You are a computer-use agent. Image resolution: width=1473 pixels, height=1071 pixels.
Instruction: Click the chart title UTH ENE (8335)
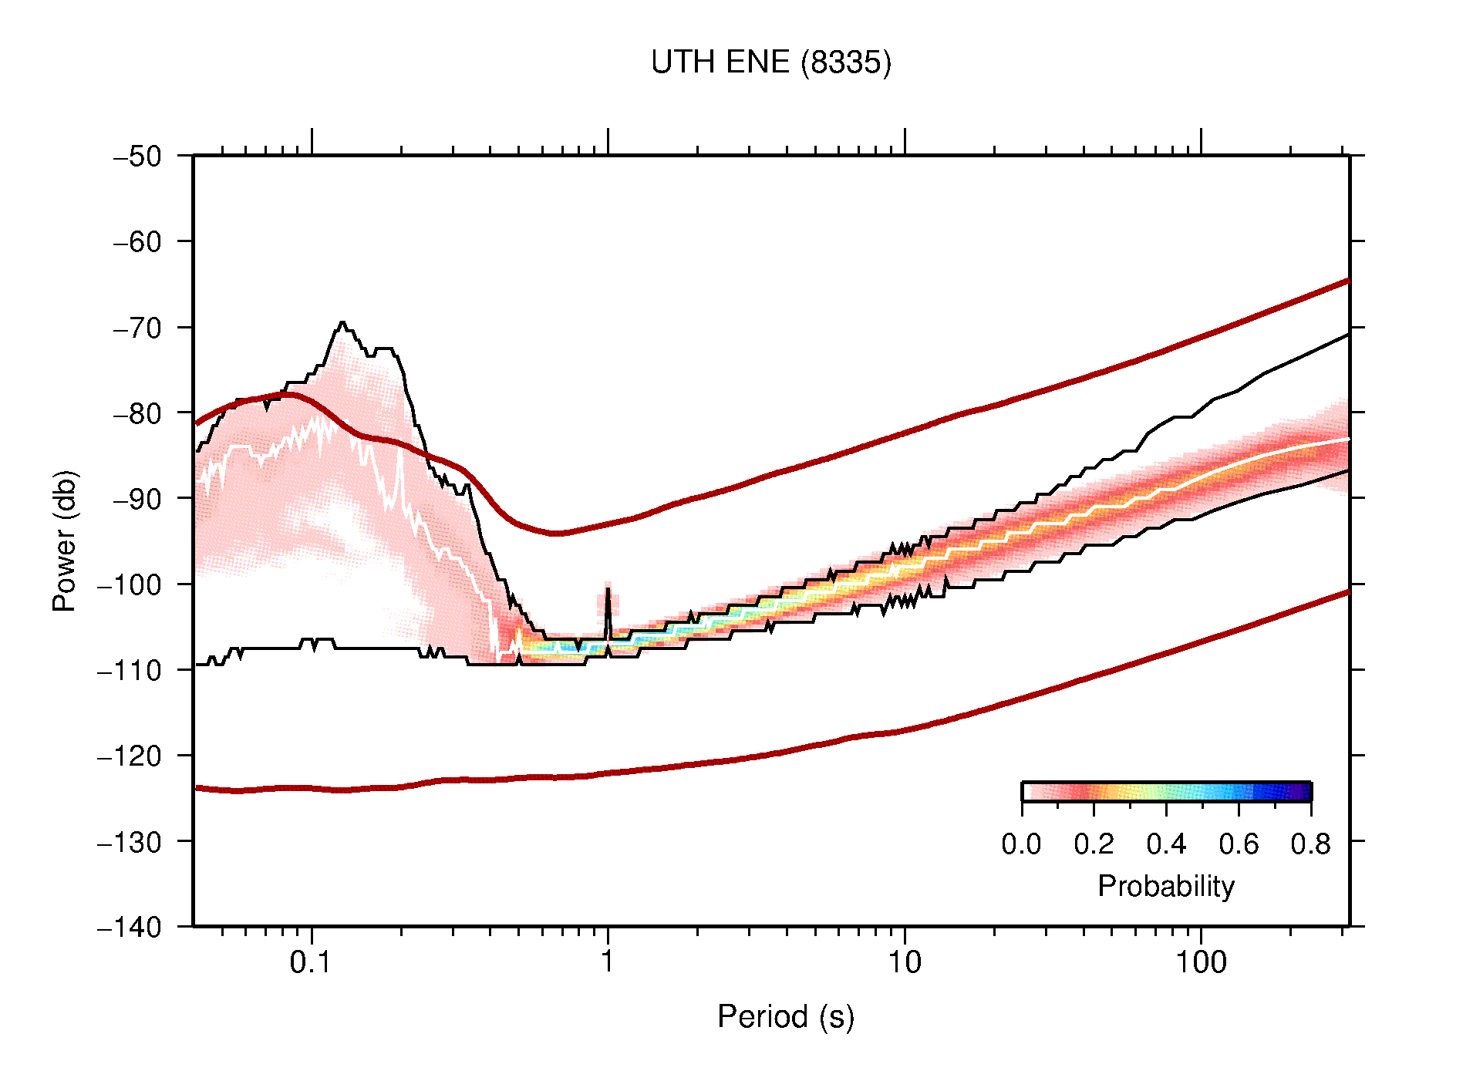point(770,62)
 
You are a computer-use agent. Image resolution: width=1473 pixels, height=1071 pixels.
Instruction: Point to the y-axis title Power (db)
point(66,541)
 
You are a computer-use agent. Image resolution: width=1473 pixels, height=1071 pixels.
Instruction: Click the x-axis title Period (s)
point(785,1016)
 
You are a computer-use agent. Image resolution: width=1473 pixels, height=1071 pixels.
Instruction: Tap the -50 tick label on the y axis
point(137,157)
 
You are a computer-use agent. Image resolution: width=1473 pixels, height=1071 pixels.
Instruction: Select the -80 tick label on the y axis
point(137,413)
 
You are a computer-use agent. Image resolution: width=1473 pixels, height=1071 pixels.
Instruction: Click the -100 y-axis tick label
point(130,584)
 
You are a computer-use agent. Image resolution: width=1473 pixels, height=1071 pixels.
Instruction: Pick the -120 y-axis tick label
point(130,756)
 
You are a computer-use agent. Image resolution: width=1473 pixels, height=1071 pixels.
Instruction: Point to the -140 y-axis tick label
point(130,927)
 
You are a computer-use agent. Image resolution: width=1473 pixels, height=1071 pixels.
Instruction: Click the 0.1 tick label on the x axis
point(310,962)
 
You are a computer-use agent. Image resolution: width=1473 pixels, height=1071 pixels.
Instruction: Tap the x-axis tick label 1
point(608,962)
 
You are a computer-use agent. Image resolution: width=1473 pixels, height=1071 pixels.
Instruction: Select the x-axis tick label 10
point(904,962)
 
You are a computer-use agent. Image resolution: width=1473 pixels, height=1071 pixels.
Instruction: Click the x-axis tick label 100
point(1200,962)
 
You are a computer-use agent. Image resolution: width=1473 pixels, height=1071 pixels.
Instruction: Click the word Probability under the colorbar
point(1165,886)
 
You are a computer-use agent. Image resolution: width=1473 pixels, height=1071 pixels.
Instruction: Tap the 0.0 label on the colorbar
point(1021,844)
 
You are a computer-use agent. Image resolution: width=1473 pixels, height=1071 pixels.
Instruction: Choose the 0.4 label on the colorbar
point(1166,844)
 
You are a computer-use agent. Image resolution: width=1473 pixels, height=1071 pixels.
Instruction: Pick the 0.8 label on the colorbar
point(1310,844)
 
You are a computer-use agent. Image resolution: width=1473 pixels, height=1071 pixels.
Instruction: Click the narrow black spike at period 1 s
point(608,598)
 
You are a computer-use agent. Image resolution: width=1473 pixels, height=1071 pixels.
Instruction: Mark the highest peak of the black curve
point(342,323)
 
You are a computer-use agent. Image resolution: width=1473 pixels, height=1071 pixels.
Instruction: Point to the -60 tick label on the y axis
point(137,242)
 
